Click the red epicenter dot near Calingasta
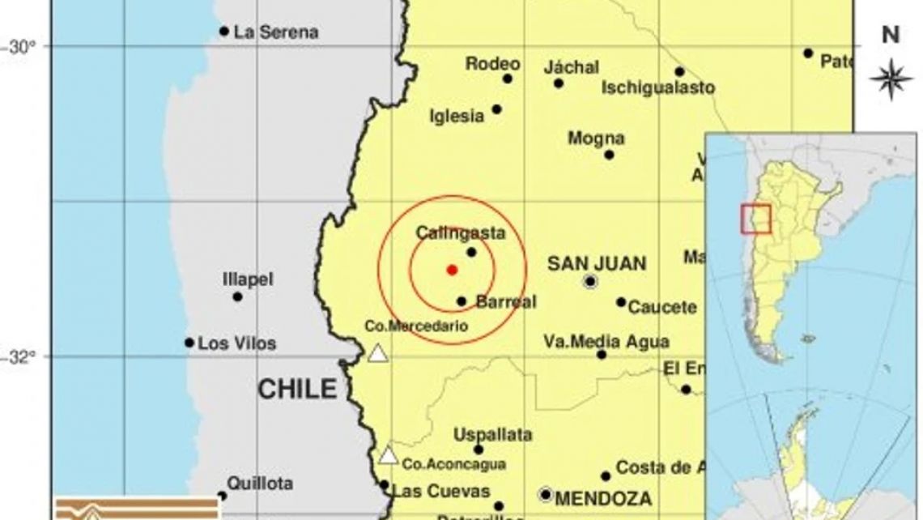tap(452, 270)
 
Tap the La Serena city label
tap(275, 32)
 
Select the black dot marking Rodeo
tap(508, 79)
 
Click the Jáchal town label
tap(572, 66)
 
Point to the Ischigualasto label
tap(658, 87)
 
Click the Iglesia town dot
tap(497, 109)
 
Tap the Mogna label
tap(596, 138)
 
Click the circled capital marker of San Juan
tap(590, 282)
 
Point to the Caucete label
tap(662, 308)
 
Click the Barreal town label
tap(506, 301)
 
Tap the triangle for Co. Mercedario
tap(376, 353)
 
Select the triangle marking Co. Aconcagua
tap(389, 456)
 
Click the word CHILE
tap(296, 390)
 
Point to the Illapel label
tap(248, 279)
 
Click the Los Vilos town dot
tap(189, 343)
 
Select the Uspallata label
tap(492, 435)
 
